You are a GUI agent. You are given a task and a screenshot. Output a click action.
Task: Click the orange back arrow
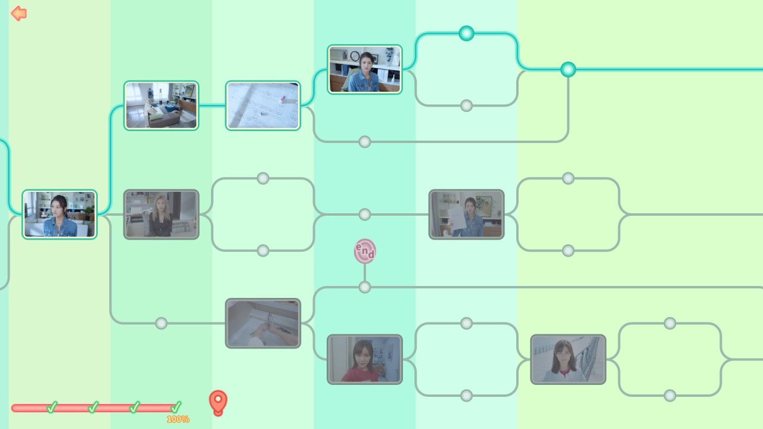pyautogui.click(x=18, y=13)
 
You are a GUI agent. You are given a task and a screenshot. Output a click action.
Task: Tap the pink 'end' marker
pyautogui.click(x=365, y=251)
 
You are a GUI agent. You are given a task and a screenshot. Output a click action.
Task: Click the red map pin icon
pyautogui.click(x=218, y=402)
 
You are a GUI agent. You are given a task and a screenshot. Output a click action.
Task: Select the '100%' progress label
pyautogui.click(x=178, y=419)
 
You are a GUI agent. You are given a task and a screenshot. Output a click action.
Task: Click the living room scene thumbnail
pyautogui.click(x=161, y=105)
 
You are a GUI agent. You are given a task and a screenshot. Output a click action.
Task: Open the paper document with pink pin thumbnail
pyautogui.click(x=263, y=105)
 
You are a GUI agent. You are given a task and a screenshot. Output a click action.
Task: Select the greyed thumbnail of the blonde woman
pyautogui.click(x=161, y=214)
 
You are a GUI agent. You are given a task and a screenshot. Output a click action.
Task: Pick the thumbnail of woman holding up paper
pyautogui.click(x=466, y=214)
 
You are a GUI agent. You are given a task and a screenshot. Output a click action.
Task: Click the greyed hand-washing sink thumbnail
pyautogui.click(x=263, y=323)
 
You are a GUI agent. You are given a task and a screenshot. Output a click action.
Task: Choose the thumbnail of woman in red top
pyautogui.click(x=365, y=359)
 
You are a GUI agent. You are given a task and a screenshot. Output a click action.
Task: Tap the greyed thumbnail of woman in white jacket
pyautogui.click(x=568, y=359)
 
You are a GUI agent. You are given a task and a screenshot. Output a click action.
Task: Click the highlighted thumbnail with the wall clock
pyautogui.click(x=365, y=69)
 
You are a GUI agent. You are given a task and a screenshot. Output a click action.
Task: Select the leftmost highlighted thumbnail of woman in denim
pyautogui.click(x=60, y=214)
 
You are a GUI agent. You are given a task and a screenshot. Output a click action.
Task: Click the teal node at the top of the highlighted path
pyautogui.click(x=466, y=33)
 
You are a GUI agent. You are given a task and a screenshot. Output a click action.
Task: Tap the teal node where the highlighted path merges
pyautogui.click(x=568, y=70)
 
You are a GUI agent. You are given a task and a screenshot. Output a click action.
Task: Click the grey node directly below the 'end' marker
pyautogui.click(x=365, y=287)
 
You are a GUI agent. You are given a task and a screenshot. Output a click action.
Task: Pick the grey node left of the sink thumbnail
pyautogui.click(x=161, y=323)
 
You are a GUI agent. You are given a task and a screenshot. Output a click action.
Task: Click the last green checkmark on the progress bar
pyautogui.click(x=176, y=407)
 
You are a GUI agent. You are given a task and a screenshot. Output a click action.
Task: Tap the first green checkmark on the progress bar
pyautogui.click(x=52, y=407)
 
